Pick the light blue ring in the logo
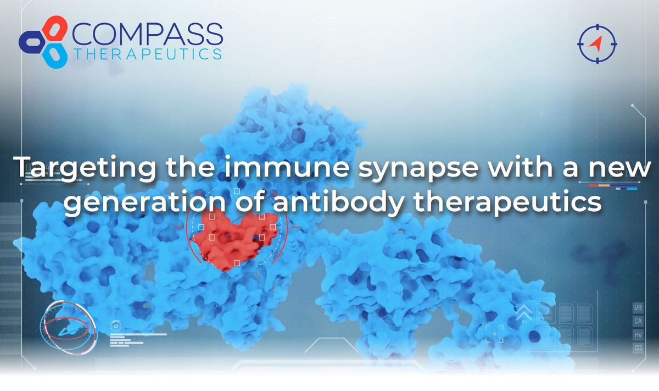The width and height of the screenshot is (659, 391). [55, 56]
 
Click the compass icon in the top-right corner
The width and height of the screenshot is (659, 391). [597, 43]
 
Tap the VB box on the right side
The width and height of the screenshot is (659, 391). [638, 307]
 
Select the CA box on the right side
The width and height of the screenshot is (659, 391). [638, 321]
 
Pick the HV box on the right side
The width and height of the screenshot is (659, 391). [638, 334]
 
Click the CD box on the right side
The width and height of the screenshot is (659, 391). [638, 348]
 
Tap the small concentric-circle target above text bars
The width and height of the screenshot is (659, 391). [115, 326]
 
